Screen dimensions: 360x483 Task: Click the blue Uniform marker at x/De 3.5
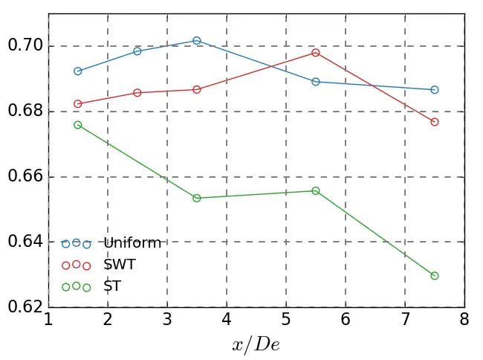pos(197,40)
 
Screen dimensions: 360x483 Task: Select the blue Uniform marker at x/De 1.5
pos(78,71)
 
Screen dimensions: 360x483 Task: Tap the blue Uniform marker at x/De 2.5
pos(137,51)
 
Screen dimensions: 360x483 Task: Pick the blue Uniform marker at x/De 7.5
pos(435,90)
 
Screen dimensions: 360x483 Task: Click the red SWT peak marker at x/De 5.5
pos(316,53)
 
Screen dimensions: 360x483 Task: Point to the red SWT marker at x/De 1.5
pos(78,104)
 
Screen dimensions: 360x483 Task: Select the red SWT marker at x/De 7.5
pos(435,122)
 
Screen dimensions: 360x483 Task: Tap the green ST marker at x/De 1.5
pos(78,125)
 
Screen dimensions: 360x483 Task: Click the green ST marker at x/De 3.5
pos(197,198)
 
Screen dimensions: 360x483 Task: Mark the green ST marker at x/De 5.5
pos(316,191)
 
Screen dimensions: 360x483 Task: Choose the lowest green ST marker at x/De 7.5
pos(435,276)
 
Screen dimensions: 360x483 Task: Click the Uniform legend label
pos(132,243)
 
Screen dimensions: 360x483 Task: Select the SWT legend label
pos(119,265)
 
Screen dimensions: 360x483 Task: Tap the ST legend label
pos(112,286)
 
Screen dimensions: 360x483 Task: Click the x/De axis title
pos(256,345)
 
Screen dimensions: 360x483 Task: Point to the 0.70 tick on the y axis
pos(24,46)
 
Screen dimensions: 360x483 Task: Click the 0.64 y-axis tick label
pos(24,242)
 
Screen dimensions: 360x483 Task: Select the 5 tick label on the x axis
pos(286,321)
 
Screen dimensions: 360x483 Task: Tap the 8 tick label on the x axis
pos(464,321)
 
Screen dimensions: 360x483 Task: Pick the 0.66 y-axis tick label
pos(24,177)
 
